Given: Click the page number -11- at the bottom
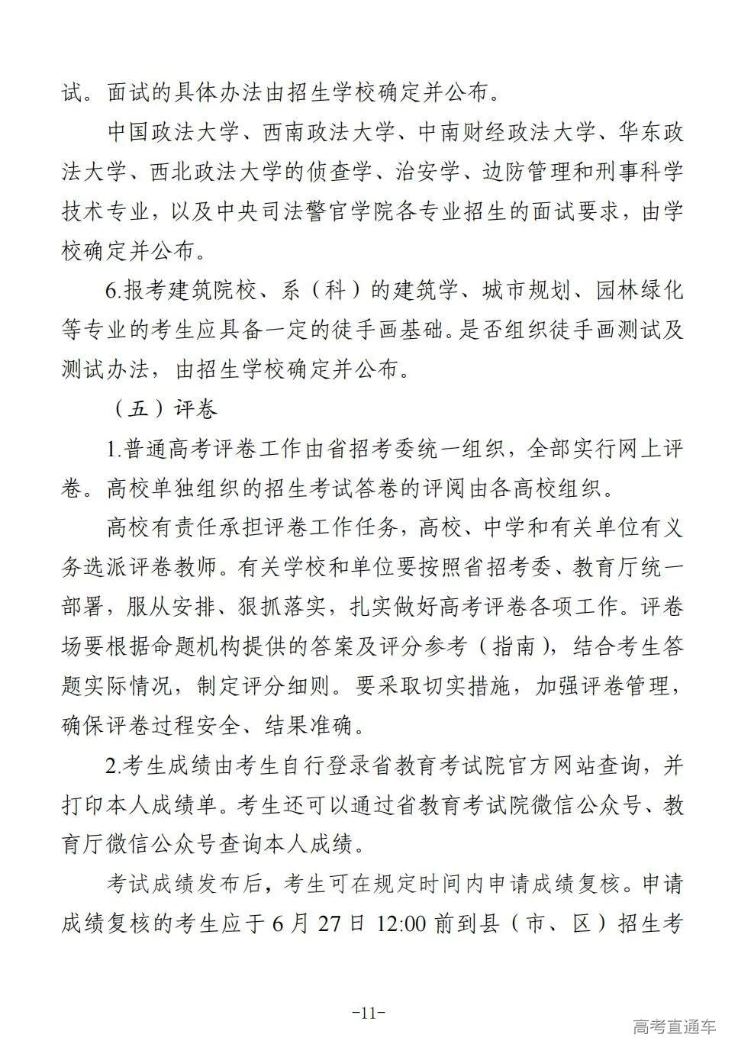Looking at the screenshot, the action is point(369,1013).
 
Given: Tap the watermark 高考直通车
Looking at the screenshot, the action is point(674,1026).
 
